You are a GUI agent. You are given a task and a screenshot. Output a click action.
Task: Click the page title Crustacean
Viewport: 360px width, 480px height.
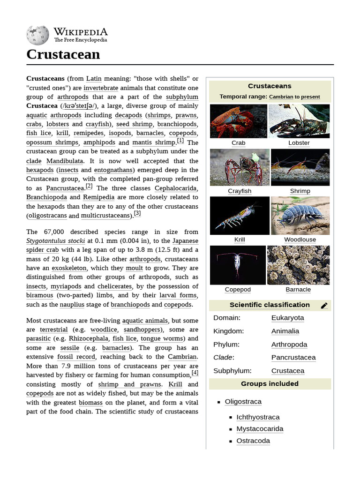[x=63, y=54]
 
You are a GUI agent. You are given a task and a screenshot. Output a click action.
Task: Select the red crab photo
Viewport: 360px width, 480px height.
[x=238, y=121]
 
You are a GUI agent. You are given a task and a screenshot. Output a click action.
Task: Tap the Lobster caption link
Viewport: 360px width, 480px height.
[x=299, y=143]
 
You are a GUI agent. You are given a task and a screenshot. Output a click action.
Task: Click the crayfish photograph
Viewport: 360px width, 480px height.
[x=239, y=167]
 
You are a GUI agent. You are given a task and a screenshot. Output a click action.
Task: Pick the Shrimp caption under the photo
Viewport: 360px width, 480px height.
[x=300, y=191]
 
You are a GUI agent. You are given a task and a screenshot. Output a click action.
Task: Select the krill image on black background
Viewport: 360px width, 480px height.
[x=239, y=216]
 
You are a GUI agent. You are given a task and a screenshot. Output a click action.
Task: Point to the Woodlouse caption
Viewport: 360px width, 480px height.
[x=300, y=240]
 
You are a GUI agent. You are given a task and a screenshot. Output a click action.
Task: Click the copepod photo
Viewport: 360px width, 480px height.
[x=238, y=265]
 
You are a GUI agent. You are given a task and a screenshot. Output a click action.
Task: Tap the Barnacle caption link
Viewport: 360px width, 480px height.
[x=298, y=290]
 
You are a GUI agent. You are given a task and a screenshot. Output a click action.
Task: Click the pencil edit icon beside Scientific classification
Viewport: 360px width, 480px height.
[x=324, y=306]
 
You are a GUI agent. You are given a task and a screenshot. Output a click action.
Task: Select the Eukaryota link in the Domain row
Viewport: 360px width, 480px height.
[x=287, y=318]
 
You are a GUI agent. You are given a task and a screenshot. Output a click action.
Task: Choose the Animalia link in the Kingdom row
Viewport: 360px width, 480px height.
[x=285, y=331]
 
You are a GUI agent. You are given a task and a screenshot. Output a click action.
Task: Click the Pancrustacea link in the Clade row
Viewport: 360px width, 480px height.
[x=293, y=357]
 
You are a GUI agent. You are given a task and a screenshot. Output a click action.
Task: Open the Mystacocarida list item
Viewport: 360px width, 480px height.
[x=260, y=428]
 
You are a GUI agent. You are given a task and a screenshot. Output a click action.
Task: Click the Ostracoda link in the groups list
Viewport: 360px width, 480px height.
[x=253, y=441]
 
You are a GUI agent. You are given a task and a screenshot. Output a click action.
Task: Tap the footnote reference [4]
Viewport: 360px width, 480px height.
[x=195, y=373]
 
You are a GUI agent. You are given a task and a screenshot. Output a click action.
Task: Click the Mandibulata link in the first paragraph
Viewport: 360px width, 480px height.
[x=64, y=161]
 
